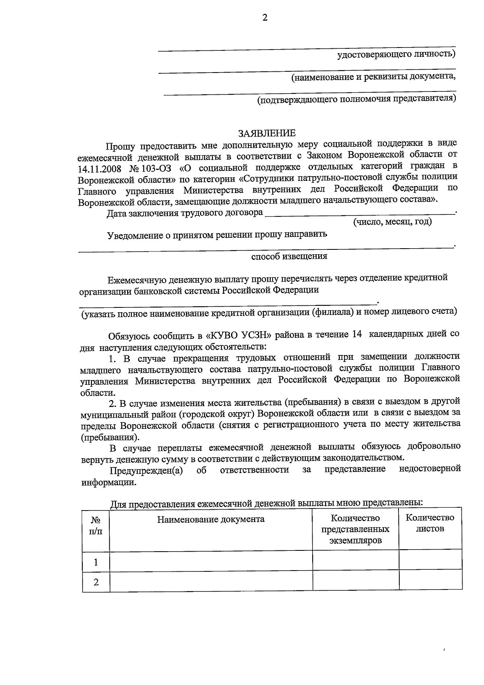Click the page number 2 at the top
[265, 17]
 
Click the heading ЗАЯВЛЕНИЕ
[267, 133]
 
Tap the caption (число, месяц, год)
[392, 222]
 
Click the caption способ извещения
[289, 256]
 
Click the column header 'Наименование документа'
[211, 519]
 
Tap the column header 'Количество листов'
[430, 523]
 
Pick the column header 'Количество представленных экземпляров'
[355, 529]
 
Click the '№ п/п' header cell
[96, 526]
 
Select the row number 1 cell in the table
[96, 562]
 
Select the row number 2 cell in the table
[96, 582]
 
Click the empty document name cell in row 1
[211, 562]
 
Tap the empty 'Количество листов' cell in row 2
[430, 581]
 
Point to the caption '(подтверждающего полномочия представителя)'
[357, 99]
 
